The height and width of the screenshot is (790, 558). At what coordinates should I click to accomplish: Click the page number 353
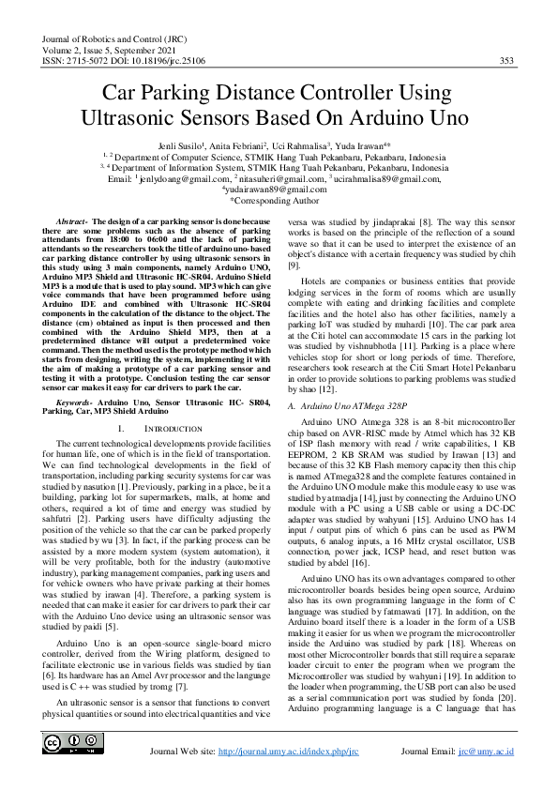pos(506,61)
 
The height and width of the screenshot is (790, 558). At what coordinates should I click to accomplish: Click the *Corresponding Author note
pos(278,200)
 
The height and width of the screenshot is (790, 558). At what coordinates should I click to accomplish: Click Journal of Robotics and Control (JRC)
pos(110,38)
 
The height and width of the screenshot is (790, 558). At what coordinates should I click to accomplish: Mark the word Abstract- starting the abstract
pos(76,220)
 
